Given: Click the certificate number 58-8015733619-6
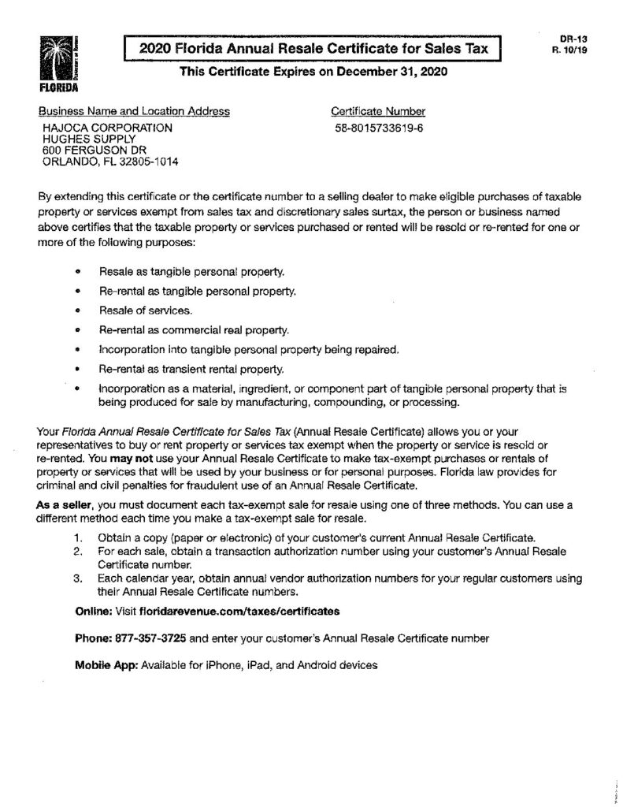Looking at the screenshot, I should (x=379, y=127).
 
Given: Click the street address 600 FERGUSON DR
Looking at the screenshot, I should (x=95, y=151).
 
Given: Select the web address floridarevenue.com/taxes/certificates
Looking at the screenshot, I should (x=239, y=611).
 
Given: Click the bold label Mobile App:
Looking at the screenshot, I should (x=106, y=664).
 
